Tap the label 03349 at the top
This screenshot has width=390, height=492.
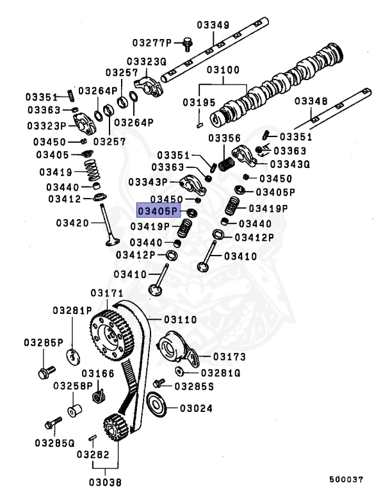point(213,26)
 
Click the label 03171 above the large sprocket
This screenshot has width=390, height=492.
point(106,293)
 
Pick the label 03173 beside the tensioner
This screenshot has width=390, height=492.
point(229,356)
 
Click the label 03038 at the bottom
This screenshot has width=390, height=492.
point(105,480)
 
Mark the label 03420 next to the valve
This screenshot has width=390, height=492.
point(72,223)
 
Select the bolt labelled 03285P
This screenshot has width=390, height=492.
point(45,371)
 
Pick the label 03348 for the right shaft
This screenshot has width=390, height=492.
point(310,101)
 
